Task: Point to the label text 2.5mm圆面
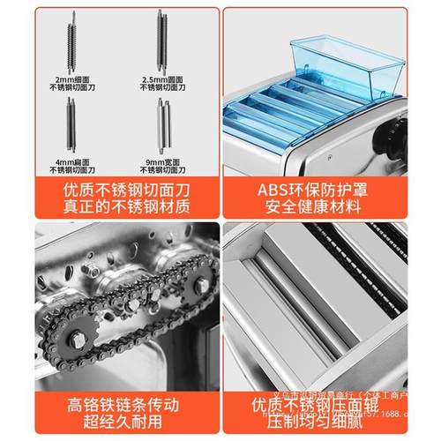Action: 162,80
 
